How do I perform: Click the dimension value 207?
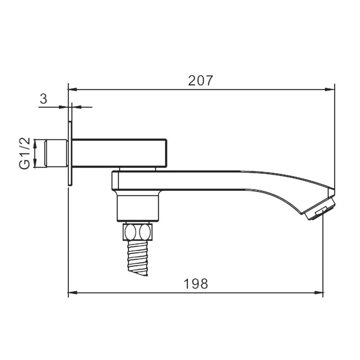coord(201,81)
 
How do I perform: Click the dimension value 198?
coord(196,283)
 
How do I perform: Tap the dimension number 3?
coord(43,99)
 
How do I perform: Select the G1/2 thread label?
coord(25,153)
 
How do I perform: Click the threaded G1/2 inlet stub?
coord(56,153)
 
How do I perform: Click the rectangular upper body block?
coord(119,153)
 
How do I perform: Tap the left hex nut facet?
coord(130,231)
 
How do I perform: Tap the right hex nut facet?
coord(145,231)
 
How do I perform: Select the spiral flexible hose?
coord(137,257)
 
